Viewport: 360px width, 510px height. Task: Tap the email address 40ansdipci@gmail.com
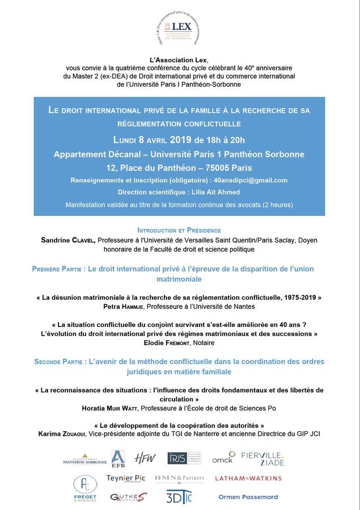pyautogui.click(x=253, y=180)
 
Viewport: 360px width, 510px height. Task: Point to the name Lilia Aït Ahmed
pyautogui.click(x=204, y=192)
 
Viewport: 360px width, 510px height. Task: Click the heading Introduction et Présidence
pyautogui.click(x=179, y=231)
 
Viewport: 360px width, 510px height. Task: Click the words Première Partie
pyautogui.click(x=57, y=269)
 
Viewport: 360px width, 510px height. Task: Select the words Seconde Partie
pyautogui.click(x=57, y=361)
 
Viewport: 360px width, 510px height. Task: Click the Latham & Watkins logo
pyautogui.click(x=248, y=478)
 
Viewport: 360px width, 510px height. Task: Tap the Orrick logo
pyautogui.click(x=223, y=458)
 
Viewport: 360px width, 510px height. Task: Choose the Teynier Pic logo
pyautogui.click(x=126, y=478)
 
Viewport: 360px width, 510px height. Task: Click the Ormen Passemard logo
pyautogui.click(x=248, y=497)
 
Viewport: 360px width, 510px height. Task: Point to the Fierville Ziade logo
pyautogui.click(x=263, y=458)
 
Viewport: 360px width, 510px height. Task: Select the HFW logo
pyautogui.click(x=145, y=458)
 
